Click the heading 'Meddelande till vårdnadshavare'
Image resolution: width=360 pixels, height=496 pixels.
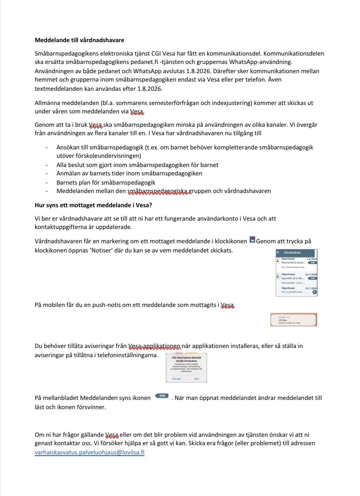(x=79, y=40)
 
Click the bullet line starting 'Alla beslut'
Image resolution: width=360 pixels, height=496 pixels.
(x=137, y=165)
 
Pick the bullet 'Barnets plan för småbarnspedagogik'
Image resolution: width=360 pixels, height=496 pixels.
(x=106, y=183)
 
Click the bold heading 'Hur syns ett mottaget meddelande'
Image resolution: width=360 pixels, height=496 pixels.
(x=93, y=205)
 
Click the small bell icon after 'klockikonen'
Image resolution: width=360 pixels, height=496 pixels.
(x=252, y=240)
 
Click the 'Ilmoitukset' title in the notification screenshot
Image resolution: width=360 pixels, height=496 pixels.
(x=292, y=252)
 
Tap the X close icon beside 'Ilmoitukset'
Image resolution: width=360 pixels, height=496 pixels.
(x=278, y=252)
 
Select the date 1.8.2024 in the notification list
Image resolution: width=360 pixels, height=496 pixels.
(x=312, y=259)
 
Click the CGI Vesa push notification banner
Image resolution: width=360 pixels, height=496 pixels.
(x=294, y=320)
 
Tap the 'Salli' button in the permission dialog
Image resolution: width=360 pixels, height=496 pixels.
(x=196, y=379)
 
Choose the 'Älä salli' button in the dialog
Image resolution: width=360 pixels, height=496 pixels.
(x=176, y=379)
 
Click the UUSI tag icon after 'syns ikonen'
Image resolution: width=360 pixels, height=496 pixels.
(x=162, y=396)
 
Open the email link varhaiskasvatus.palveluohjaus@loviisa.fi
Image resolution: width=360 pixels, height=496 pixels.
(x=89, y=452)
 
